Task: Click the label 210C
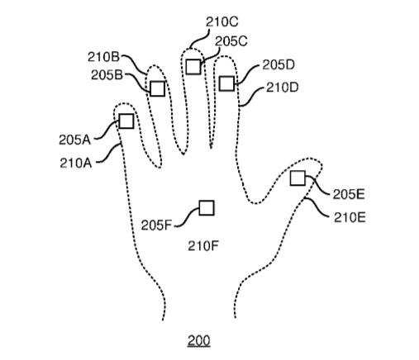[222, 22]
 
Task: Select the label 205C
[231, 41]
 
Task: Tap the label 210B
[104, 57]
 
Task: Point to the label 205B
[107, 75]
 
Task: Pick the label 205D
[279, 65]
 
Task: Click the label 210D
[283, 88]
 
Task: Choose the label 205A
[75, 140]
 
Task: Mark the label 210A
[76, 163]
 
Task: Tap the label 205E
[349, 194]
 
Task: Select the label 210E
[350, 217]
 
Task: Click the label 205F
[156, 225]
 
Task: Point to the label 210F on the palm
[203, 246]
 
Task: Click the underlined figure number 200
[199, 341]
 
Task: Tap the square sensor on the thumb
[298, 178]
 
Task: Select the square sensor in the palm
[207, 208]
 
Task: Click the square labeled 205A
[126, 121]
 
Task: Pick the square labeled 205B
[158, 88]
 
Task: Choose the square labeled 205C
[193, 67]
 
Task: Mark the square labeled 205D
[227, 83]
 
